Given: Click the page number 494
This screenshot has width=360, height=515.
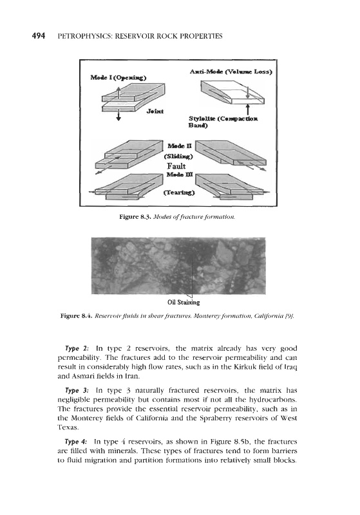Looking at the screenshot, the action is click(39, 36).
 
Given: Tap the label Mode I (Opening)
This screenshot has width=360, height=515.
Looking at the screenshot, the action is click(118, 77).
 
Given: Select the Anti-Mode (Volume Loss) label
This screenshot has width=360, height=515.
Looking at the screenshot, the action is click(231, 71).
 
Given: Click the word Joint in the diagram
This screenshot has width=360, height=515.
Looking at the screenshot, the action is click(155, 111).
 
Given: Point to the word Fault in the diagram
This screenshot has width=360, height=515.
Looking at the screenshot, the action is click(176, 166).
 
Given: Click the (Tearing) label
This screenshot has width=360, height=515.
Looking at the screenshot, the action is click(179, 192).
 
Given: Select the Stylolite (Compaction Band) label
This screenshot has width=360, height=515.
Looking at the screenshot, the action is click(223, 122).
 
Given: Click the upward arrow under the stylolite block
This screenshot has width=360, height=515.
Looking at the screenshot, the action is click(248, 109).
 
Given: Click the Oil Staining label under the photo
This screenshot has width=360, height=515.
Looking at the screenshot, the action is click(184, 302).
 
